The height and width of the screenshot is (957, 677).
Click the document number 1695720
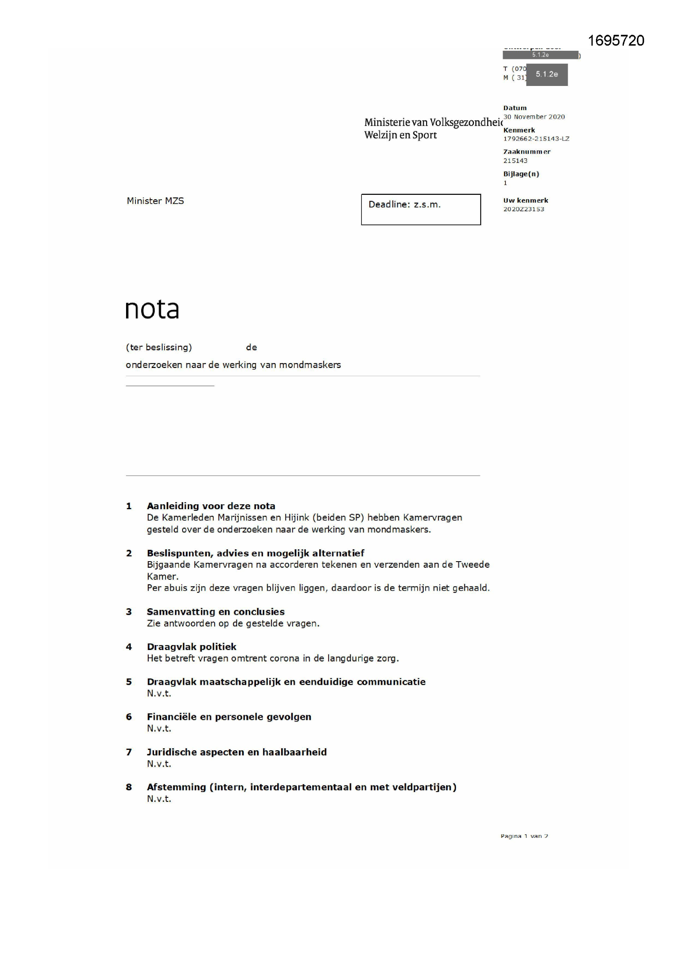(616, 41)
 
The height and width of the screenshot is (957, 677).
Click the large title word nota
(152, 309)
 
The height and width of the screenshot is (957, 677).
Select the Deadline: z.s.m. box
(421, 209)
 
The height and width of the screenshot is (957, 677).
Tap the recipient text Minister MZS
(155, 201)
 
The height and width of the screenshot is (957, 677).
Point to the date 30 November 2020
(534, 117)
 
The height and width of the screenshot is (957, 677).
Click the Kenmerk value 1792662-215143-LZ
(536, 139)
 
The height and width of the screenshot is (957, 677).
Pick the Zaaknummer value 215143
(515, 161)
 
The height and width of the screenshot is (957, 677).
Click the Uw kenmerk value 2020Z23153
(523, 209)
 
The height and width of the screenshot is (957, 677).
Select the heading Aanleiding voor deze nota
(211, 506)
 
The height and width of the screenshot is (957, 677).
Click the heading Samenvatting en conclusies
(216, 612)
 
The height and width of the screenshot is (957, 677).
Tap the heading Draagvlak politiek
(191, 646)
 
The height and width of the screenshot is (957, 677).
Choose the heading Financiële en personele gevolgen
(229, 716)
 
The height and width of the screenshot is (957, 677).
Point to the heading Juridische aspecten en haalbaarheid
(236, 752)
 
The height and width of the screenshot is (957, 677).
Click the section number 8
(129, 787)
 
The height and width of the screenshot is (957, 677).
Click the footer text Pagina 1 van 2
(524, 836)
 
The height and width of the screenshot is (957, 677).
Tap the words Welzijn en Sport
(400, 135)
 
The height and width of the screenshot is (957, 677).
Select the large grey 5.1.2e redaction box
(546, 74)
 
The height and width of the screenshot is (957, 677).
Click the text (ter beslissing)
(159, 347)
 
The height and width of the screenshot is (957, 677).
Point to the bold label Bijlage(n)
(521, 174)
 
